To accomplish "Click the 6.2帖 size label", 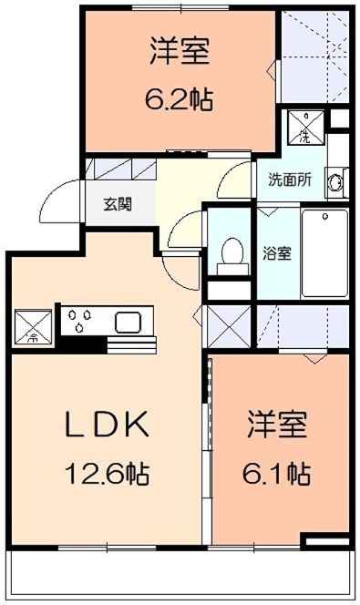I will pyautogui.click(x=180, y=98).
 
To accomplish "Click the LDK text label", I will pyautogui.click(x=105, y=425).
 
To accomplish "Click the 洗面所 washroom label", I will pyautogui.click(x=290, y=179).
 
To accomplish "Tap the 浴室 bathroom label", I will pyautogui.click(x=277, y=252).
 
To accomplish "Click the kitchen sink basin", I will pyautogui.click(x=127, y=322).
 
